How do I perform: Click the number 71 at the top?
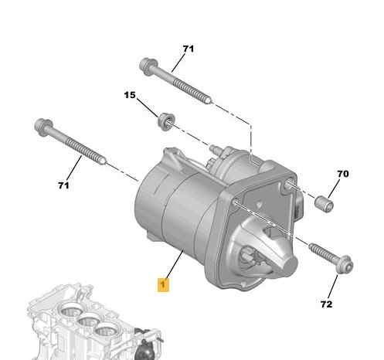[188, 49]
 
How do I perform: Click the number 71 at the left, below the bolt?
[63, 186]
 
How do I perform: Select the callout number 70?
[343, 175]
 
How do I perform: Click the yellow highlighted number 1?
[162, 284]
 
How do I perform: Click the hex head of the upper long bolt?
[146, 63]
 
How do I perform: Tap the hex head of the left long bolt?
[42, 124]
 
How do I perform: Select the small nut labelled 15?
[164, 120]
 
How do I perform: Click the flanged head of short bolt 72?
[346, 267]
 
